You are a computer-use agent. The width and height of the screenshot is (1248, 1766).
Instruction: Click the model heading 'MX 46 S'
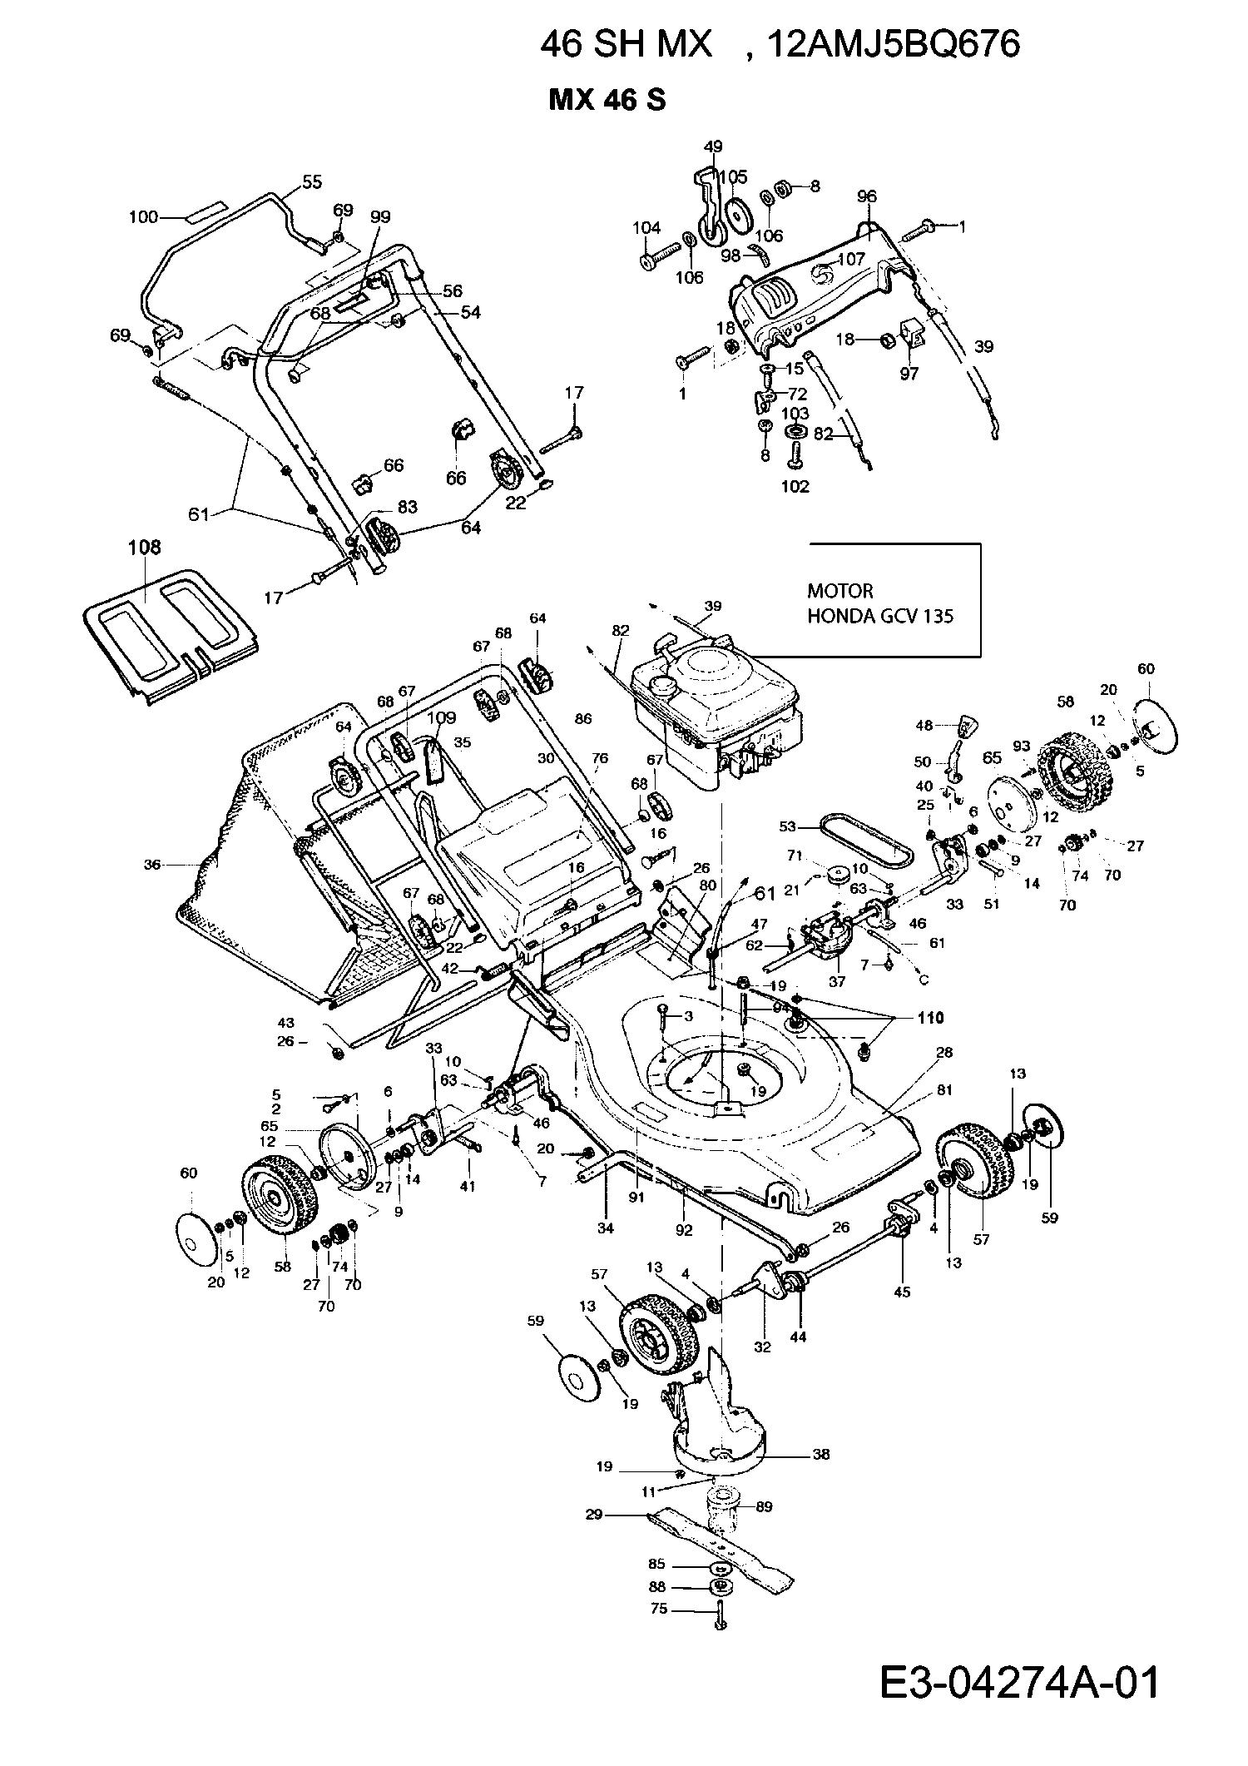tap(607, 101)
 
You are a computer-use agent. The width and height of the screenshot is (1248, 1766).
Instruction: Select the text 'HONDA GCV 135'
tap(880, 617)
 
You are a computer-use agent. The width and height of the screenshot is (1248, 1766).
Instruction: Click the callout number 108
tap(144, 548)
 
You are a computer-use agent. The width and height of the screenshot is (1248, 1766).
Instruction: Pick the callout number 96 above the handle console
tap(866, 197)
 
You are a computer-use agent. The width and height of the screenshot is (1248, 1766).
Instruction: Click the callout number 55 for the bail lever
tap(312, 182)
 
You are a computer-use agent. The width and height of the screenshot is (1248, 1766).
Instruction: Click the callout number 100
tap(143, 217)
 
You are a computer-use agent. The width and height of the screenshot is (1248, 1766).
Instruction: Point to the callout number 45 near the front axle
tap(902, 1292)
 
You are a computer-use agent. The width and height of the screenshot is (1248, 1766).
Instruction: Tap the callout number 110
tap(929, 1018)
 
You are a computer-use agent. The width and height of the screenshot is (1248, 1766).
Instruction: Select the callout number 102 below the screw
tap(795, 486)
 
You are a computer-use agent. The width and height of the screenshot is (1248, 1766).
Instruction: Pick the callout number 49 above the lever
tap(713, 147)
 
